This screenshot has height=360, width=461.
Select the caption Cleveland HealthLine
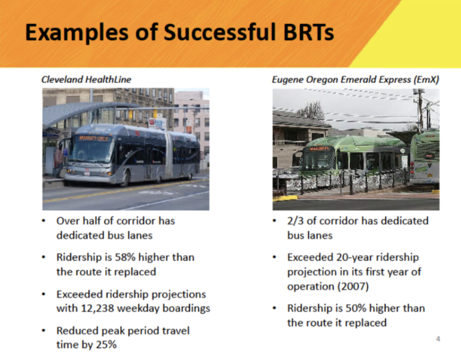(86, 79)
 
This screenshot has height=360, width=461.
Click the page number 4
(438, 338)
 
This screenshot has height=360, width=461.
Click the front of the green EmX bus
(317, 158)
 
